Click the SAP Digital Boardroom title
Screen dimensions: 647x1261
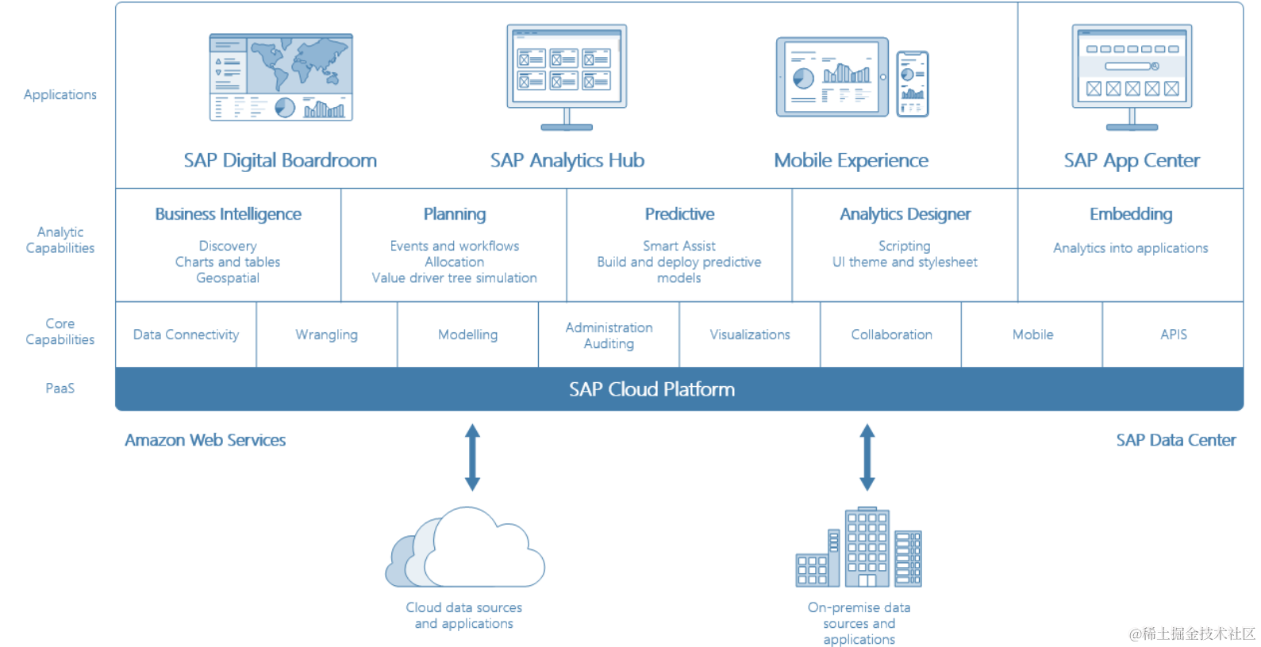[x=280, y=160]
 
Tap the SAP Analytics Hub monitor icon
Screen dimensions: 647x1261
[x=567, y=76]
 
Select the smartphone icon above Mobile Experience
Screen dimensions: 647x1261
[x=913, y=83]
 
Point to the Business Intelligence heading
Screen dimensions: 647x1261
[x=228, y=214]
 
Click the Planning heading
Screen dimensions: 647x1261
[x=455, y=214]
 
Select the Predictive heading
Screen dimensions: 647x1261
[x=679, y=214]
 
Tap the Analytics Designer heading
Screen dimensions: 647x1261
[x=905, y=214]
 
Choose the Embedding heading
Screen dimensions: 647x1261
[x=1131, y=214]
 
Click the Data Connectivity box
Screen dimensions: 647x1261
[x=186, y=335]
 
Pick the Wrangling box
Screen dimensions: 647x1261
[x=326, y=335]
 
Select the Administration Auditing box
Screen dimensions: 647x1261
[x=609, y=335]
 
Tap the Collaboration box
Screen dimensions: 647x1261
[x=891, y=335]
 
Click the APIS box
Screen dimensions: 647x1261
[x=1174, y=335]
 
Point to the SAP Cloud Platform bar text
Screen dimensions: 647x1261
[x=652, y=389]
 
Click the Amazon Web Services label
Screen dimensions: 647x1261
[x=205, y=440]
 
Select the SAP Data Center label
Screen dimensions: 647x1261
[x=1175, y=440]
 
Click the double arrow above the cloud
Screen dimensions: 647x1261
[x=472, y=457]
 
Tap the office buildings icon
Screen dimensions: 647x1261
[x=859, y=547]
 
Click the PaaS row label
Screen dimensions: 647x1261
[x=60, y=389]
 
